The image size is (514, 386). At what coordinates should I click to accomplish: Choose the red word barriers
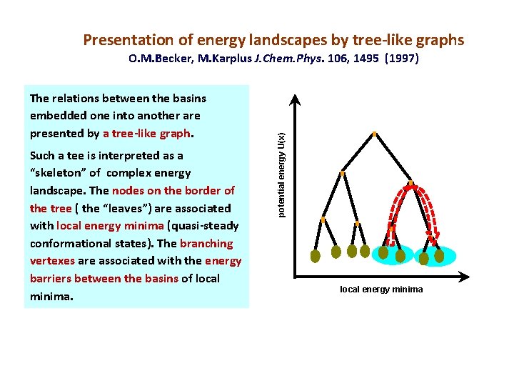pyautogui.click(x=54, y=278)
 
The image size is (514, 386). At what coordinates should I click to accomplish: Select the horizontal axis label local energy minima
pyautogui.click(x=381, y=289)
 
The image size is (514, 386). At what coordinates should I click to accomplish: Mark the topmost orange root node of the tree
pyautogui.click(x=374, y=134)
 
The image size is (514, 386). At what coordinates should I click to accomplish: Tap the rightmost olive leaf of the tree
pyautogui.click(x=438, y=254)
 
